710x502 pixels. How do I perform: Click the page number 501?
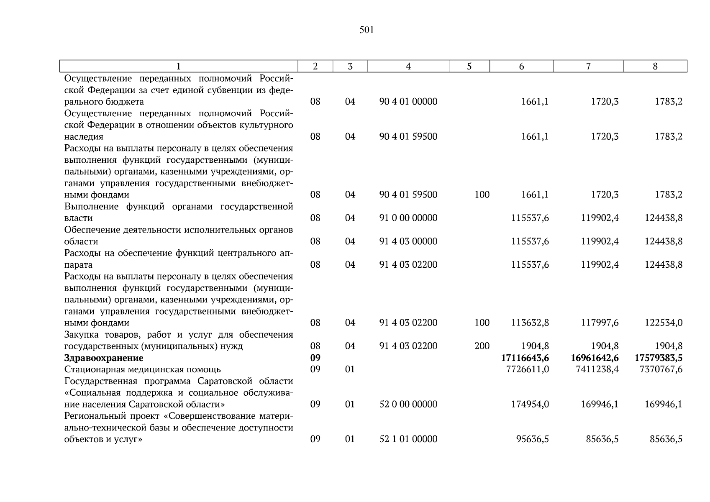click(x=366, y=30)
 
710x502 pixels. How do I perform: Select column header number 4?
click(x=408, y=67)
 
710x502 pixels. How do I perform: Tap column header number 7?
click(x=588, y=67)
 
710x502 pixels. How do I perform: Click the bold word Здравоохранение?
click(x=103, y=358)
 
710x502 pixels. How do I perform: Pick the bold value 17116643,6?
click(x=525, y=358)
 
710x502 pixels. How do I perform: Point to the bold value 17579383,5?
click(x=658, y=358)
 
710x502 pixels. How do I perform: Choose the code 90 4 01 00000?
click(x=408, y=102)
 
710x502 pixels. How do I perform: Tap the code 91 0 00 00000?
click(x=408, y=218)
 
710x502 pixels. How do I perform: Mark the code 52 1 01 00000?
click(x=408, y=439)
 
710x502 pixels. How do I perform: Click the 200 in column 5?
click(x=482, y=346)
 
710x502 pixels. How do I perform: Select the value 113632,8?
click(x=530, y=323)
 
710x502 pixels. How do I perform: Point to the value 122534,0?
click(x=663, y=323)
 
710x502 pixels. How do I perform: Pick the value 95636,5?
click(x=532, y=439)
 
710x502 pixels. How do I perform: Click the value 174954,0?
click(x=530, y=404)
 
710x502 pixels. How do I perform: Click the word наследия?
click(x=83, y=137)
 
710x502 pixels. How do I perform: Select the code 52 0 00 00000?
click(x=408, y=404)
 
